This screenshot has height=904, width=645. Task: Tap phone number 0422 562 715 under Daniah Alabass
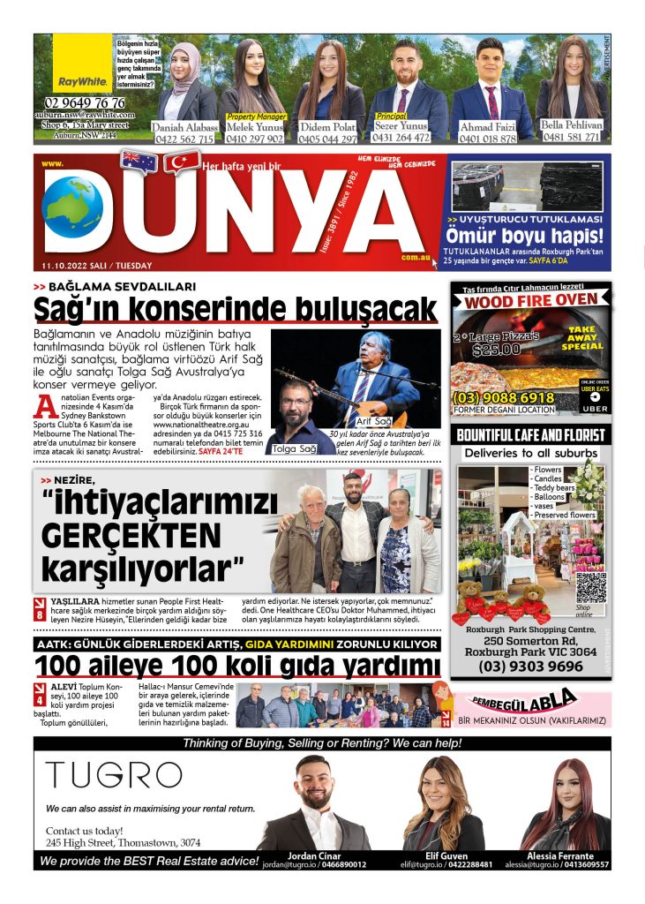coord(183,139)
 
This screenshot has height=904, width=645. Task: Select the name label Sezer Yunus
coord(401,125)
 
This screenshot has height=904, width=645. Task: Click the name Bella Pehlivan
coord(572,125)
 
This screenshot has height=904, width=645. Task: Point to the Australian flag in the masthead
coord(139,161)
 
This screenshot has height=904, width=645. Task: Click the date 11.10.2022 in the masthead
coord(65,266)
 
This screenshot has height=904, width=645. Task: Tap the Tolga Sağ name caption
coord(295,448)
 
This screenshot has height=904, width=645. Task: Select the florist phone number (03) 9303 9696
coord(530,667)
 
